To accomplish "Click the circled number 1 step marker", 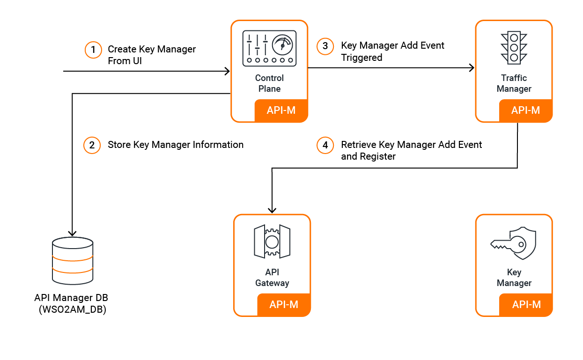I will click(93, 50).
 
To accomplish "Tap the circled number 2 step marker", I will click(92, 145).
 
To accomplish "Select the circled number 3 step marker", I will click(325, 46).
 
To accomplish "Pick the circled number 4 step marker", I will click(325, 145).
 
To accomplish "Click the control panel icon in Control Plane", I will click(269, 48).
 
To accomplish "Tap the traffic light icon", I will click(514, 48).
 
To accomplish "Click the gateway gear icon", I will click(272, 242).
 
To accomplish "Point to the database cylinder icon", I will click(73, 261).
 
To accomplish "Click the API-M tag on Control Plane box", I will click(281, 110).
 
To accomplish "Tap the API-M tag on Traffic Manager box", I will click(525, 110).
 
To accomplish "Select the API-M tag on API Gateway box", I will click(284, 304).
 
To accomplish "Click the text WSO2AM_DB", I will click(72, 309).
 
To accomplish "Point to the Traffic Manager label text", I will click(514, 83).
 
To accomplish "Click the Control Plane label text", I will click(269, 83).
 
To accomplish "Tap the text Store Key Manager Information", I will click(176, 145).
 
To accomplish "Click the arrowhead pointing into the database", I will click(72, 233).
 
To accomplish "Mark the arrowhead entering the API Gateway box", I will click(272, 210).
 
